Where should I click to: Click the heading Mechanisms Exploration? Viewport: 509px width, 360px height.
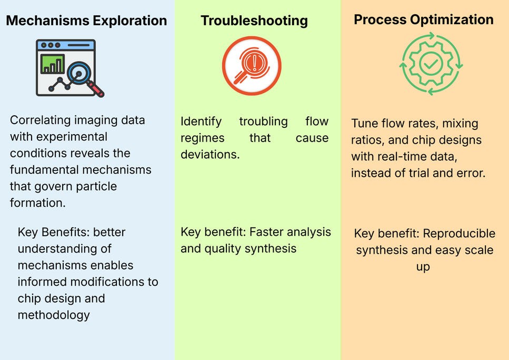point(86,21)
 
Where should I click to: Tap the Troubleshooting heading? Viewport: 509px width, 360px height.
point(254,21)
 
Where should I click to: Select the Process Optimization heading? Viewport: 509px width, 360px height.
point(424,20)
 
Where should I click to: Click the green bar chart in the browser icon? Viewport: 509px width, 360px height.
point(52,64)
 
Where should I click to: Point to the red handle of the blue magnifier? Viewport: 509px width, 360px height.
point(95,89)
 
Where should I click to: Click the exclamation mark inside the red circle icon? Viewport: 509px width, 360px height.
point(255,63)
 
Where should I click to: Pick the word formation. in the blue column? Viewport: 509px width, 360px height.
point(38,203)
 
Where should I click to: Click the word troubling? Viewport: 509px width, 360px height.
point(263,122)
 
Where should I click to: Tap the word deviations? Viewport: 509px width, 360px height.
point(210,155)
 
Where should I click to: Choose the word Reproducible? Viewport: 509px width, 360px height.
point(459,233)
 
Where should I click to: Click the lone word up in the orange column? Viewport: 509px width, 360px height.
point(423,267)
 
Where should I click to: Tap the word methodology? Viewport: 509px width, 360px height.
point(54,315)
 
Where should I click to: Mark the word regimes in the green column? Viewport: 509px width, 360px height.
point(203,138)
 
